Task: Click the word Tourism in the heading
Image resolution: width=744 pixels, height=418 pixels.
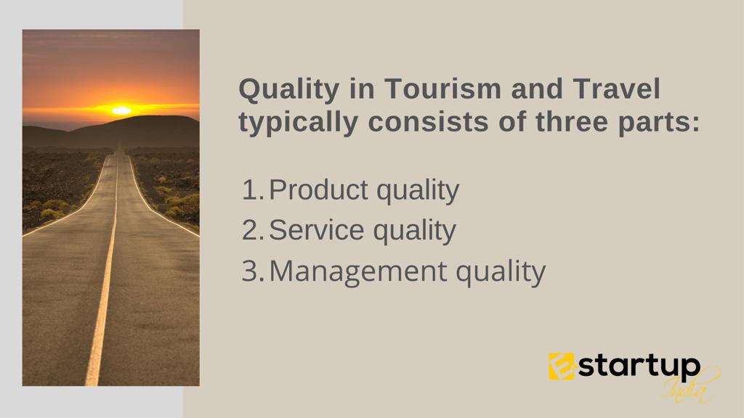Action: (442, 89)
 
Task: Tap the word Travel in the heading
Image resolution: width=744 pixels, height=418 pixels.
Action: (616, 89)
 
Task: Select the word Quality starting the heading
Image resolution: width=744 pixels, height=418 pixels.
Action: (289, 91)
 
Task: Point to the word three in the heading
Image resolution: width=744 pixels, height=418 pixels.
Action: (572, 122)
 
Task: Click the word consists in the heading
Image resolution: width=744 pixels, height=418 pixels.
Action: (429, 122)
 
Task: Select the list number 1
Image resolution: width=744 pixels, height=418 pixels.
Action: (253, 190)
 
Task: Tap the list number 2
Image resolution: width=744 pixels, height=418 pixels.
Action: (252, 230)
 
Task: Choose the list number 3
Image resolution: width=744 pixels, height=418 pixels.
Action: (252, 271)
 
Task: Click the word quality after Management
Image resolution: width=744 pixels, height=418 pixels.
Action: (501, 273)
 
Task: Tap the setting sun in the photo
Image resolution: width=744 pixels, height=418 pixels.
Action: (121, 110)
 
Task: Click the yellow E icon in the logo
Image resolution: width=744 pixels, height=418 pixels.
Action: (562, 366)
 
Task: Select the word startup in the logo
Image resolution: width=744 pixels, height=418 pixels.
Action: (639, 366)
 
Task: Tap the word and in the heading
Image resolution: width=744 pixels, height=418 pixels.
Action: (537, 89)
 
